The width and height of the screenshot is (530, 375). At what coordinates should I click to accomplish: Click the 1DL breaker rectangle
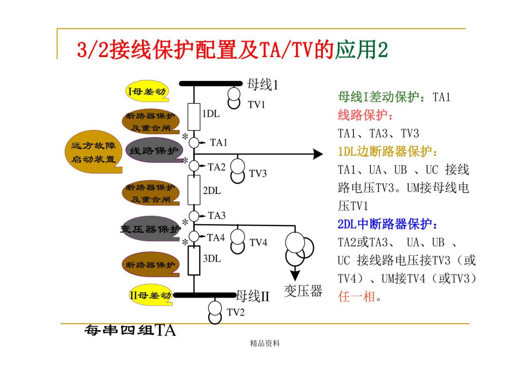194,117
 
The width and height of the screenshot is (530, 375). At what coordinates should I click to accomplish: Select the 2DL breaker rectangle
194,190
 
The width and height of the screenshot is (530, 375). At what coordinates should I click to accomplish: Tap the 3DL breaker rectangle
194,260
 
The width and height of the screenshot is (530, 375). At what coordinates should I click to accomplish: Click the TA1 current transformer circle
194,143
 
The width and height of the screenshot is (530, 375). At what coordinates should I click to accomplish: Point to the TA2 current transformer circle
194,166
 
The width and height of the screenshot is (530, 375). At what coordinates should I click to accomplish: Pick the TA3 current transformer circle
194,216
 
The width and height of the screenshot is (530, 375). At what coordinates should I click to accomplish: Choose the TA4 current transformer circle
194,236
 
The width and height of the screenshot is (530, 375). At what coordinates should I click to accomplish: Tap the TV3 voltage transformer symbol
237,171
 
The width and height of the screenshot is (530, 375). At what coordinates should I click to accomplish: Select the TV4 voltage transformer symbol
237,241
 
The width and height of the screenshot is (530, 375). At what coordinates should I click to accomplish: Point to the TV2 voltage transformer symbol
215,312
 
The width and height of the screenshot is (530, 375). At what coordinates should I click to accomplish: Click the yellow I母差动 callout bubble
147,91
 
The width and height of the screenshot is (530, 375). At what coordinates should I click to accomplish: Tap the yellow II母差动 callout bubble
150,295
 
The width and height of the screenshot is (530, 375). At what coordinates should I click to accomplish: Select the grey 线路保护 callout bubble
154,151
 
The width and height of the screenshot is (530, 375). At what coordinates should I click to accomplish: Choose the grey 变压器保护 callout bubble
150,229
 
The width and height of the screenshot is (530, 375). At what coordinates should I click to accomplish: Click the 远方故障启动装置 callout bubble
93,152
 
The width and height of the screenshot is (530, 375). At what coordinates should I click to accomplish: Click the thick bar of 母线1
211,84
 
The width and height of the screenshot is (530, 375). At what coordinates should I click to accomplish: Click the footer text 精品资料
265,344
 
